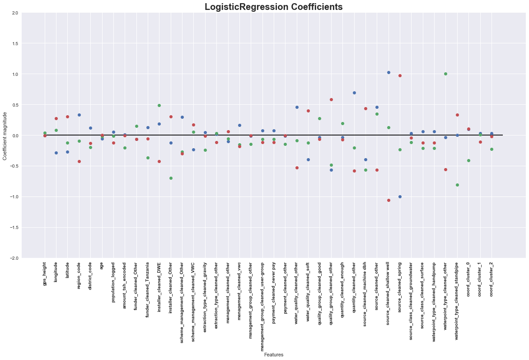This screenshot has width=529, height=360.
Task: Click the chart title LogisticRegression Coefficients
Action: point(273,7)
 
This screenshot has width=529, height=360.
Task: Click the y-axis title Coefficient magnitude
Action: point(5,136)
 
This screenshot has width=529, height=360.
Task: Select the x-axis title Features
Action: point(274,355)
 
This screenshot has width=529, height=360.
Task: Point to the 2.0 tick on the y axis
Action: point(15,13)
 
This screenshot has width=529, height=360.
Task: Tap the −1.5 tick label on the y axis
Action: point(14,227)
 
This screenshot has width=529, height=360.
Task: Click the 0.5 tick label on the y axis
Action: point(15,105)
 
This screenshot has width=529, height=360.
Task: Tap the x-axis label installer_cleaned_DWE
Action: point(159,287)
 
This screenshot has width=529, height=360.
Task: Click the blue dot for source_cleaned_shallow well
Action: point(389,72)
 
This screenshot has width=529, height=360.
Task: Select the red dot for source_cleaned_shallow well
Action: point(389,200)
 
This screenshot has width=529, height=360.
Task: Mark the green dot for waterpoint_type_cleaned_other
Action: point(445,74)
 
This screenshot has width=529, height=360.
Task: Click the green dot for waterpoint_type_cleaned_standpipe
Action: point(457,185)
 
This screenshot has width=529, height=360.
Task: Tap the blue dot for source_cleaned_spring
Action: point(400,196)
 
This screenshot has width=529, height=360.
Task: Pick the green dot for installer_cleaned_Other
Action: point(171,178)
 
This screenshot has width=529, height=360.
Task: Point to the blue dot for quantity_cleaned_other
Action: point(354,93)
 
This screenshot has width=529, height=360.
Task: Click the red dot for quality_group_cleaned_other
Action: point(331,99)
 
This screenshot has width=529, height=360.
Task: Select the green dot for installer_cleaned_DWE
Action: point(159,105)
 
